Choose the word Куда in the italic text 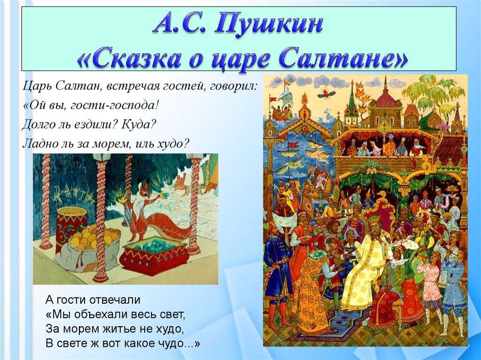click(x=137, y=124)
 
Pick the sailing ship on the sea click(x=282, y=104)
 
